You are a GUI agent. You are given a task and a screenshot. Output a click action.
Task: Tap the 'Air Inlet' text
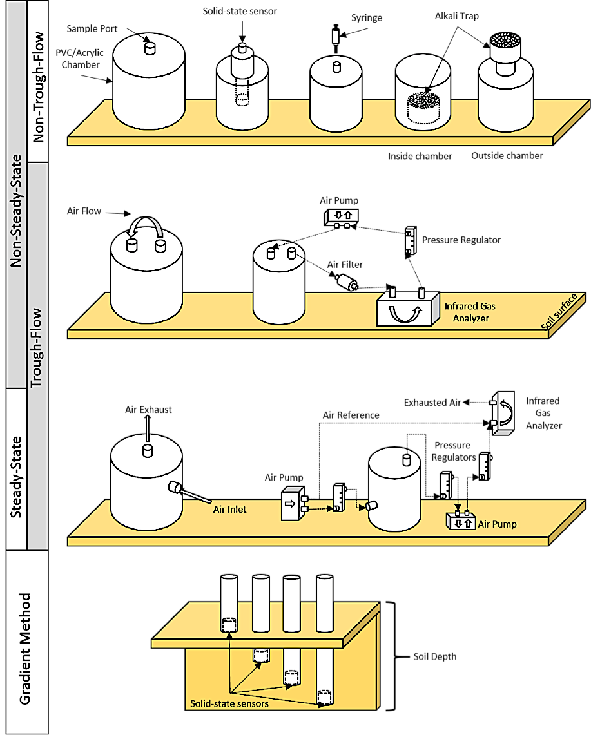(231, 509)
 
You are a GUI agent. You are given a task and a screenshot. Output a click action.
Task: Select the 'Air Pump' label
(497, 524)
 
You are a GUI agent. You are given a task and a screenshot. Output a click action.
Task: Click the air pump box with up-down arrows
(461, 520)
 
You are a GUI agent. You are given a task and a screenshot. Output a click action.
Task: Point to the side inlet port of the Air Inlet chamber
(175, 488)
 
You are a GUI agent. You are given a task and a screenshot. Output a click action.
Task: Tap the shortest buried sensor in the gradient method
(260, 655)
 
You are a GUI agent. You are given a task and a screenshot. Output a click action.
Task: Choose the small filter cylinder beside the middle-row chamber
(346, 282)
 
